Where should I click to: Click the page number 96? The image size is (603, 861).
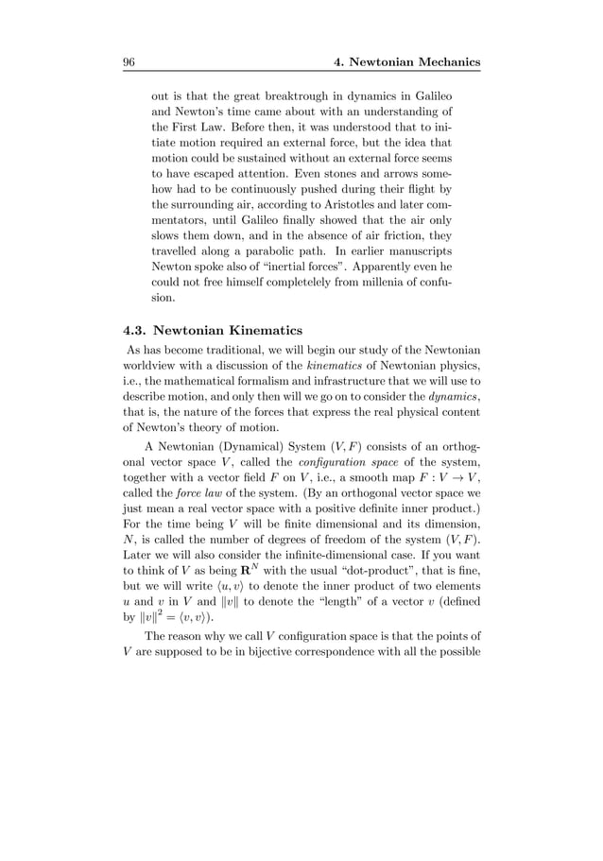point(129,62)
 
